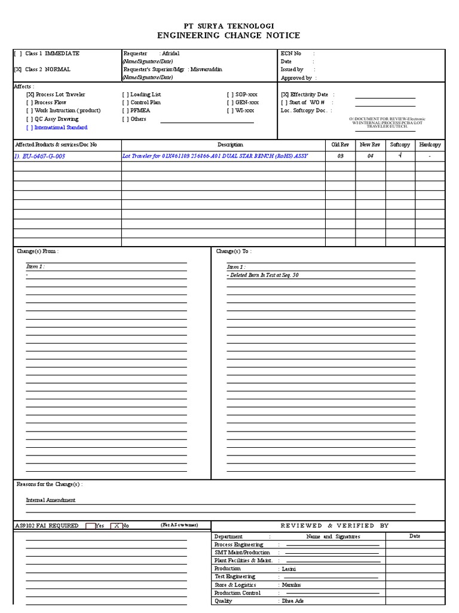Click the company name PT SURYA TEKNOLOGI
click(229, 26)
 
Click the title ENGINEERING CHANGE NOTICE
click(229, 36)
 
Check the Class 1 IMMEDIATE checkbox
click(18, 54)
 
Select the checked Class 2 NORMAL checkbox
click(18, 69)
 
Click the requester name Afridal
click(170, 54)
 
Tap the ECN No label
click(291, 54)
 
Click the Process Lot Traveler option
click(60, 95)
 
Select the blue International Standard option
click(60, 128)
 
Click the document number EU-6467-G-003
click(39, 156)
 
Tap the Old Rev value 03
click(340, 156)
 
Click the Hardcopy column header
click(430, 145)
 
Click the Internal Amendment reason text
click(51, 500)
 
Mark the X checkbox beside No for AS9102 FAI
click(115, 526)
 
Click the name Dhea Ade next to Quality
click(293, 601)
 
